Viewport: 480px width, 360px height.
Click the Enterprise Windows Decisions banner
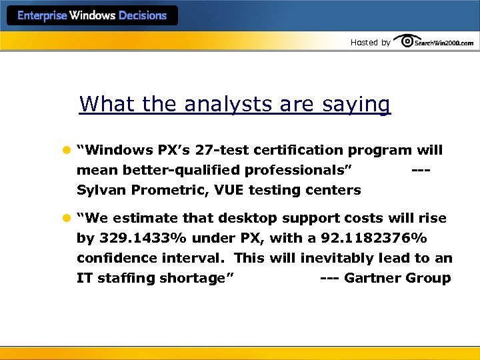[x=92, y=16]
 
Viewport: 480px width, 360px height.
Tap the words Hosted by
[x=370, y=43]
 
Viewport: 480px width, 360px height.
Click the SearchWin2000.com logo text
[x=444, y=43]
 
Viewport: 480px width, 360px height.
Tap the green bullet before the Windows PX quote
[x=67, y=151]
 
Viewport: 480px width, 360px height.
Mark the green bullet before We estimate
[x=67, y=219]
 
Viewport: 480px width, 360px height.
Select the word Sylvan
[x=101, y=191]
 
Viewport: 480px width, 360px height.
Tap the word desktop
[x=247, y=219]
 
